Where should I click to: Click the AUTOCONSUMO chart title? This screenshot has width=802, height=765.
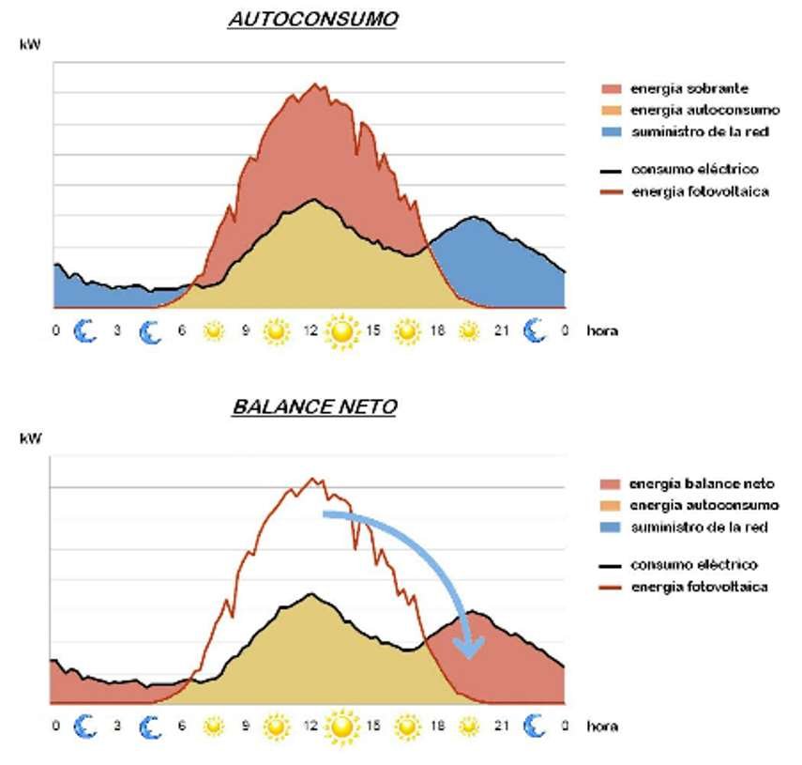(312, 20)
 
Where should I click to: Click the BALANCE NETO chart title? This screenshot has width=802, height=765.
(312, 406)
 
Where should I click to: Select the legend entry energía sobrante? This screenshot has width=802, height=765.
(689, 88)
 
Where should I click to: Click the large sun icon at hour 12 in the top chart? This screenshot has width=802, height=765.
(343, 331)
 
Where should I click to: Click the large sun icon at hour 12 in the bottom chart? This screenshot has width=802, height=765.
(343, 725)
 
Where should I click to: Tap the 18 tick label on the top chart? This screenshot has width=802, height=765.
(439, 331)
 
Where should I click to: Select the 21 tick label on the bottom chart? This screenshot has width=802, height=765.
(503, 726)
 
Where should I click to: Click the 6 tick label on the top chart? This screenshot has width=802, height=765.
(182, 331)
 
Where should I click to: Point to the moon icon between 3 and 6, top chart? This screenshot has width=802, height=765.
(150, 331)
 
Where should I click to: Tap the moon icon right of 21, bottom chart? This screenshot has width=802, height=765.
(534, 725)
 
